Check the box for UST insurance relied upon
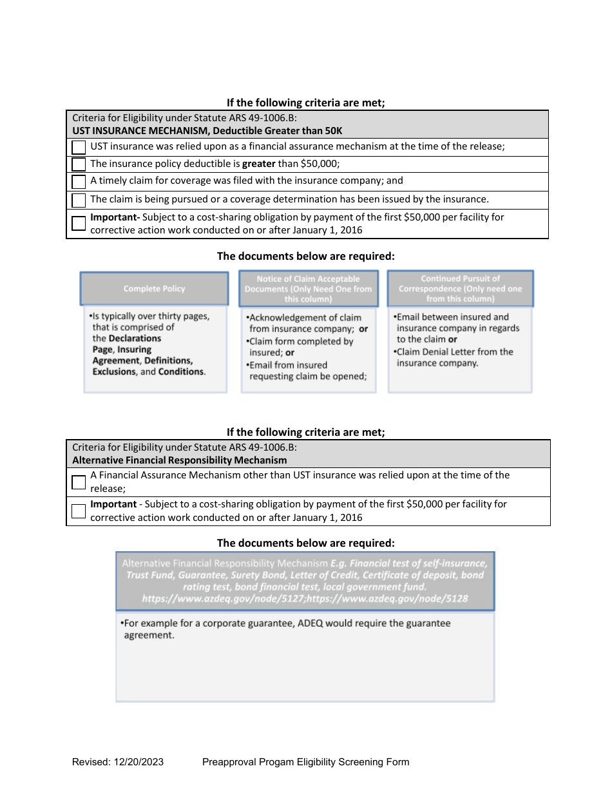(79, 147)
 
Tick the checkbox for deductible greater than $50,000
(79, 164)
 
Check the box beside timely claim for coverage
(79, 182)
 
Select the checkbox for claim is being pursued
(79, 200)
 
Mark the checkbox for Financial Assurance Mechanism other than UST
(79, 482)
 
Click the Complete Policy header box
(154, 288)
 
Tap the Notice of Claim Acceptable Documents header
(308, 288)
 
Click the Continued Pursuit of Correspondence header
(460, 288)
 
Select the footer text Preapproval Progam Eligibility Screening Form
(305, 762)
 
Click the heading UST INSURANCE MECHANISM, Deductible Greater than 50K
(207, 131)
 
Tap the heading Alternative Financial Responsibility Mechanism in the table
(180, 460)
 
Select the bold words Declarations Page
(127, 344)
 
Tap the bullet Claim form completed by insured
(301, 347)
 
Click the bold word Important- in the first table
(115, 217)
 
